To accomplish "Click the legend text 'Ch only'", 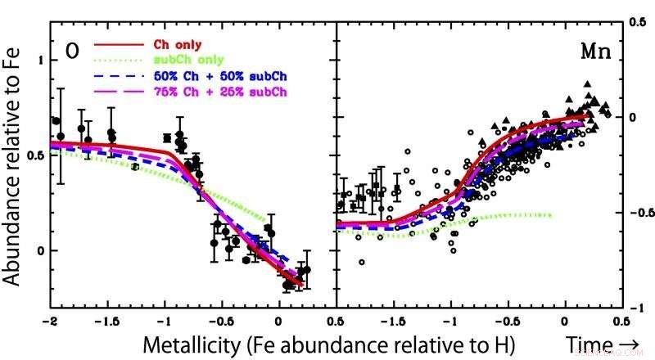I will (x=178, y=44).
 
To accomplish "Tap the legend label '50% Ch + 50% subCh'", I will (x=220, y=75).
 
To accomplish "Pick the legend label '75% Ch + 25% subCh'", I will (x=220, y=91).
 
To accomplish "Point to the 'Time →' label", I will (x=599, y=344).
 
